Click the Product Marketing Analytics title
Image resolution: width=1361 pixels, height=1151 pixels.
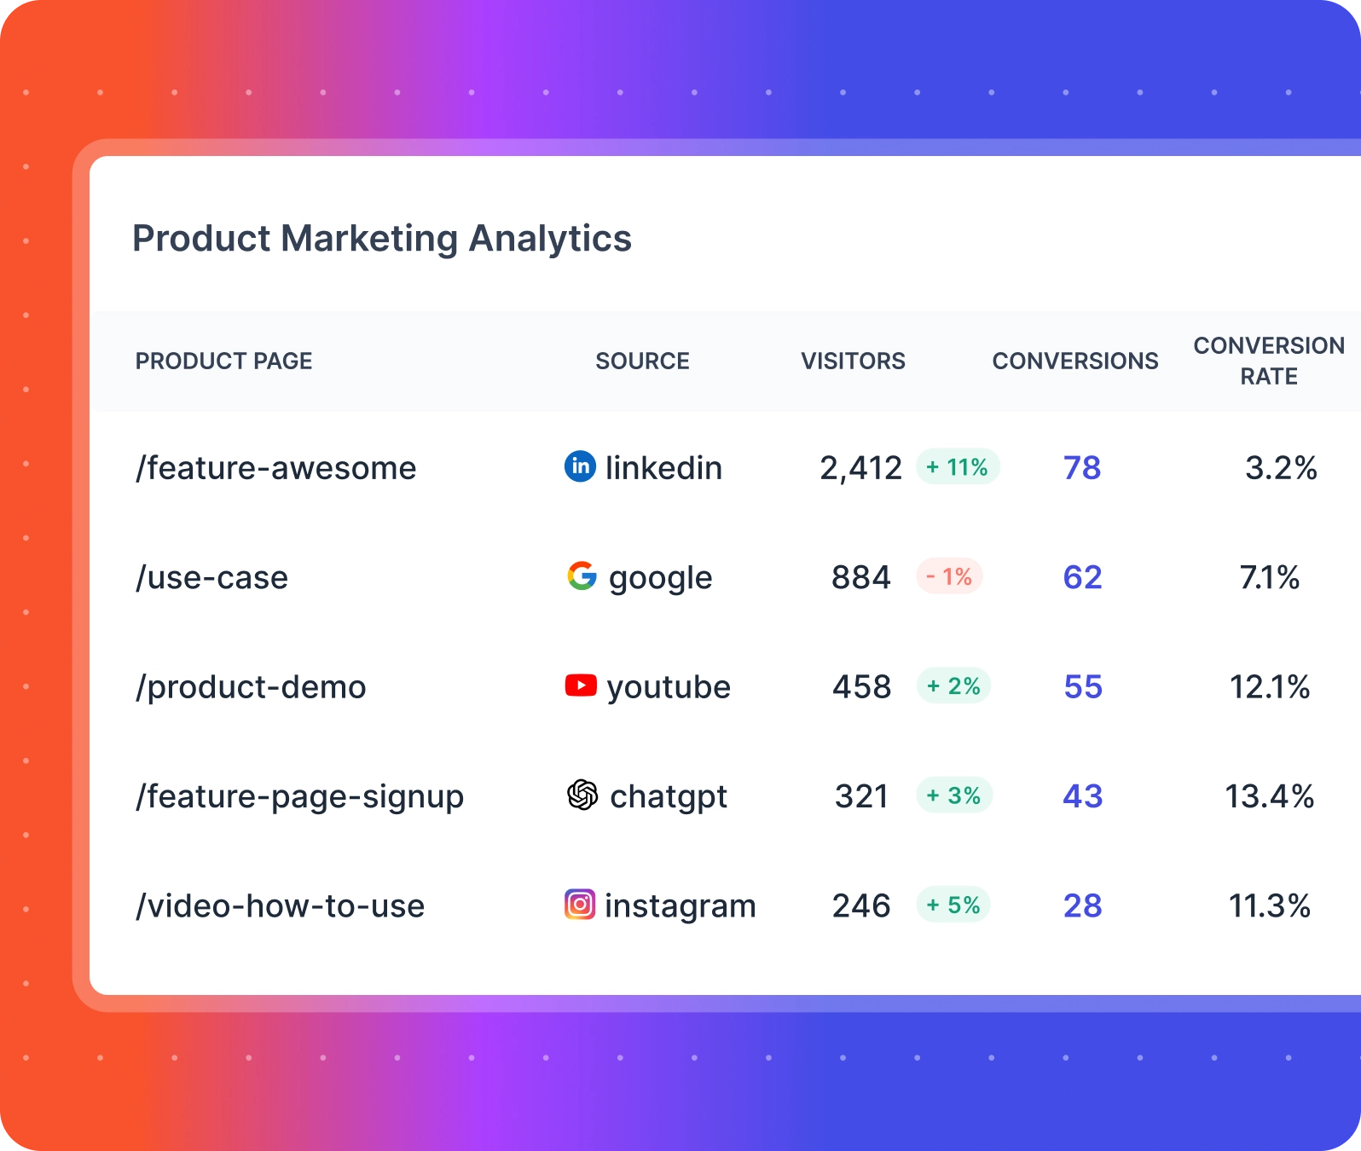[x=381, y=239]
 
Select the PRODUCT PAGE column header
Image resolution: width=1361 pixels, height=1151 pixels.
[x=223, y=361]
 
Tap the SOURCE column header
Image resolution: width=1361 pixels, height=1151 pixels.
[x=642, y=361]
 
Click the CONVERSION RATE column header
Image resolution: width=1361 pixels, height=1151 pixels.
[x=1268, y=361]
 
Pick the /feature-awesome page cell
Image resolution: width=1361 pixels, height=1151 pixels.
[x=275, y=468]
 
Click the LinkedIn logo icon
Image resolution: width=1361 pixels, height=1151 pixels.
[x=580, y=466]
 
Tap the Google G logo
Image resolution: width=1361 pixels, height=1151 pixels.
[x=582, y=576]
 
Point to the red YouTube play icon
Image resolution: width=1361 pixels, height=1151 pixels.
[x=581, y=685]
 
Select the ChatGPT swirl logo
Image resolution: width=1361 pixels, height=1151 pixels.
[x=582, y=795]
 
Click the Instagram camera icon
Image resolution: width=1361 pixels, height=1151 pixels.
[x=580, y=904]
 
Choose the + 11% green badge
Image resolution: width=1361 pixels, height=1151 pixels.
[x=958, y=467]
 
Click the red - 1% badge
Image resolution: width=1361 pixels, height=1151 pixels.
[x=949, y=576]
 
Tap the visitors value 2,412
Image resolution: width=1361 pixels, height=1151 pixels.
[x=860, y=468]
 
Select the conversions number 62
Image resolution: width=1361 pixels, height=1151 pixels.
[x=1082, y=577]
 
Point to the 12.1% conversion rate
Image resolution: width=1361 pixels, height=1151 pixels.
[x=1269, y=686]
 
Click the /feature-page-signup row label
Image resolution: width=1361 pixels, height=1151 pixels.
[x=299, y=796]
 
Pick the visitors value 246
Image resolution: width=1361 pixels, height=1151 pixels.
[x=861, y=905]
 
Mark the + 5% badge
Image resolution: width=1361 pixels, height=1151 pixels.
[x=953, y=905]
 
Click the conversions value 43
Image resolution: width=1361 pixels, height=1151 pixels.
[x=1082, y=796]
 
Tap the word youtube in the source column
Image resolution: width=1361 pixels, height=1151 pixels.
[x=669, y=687]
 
